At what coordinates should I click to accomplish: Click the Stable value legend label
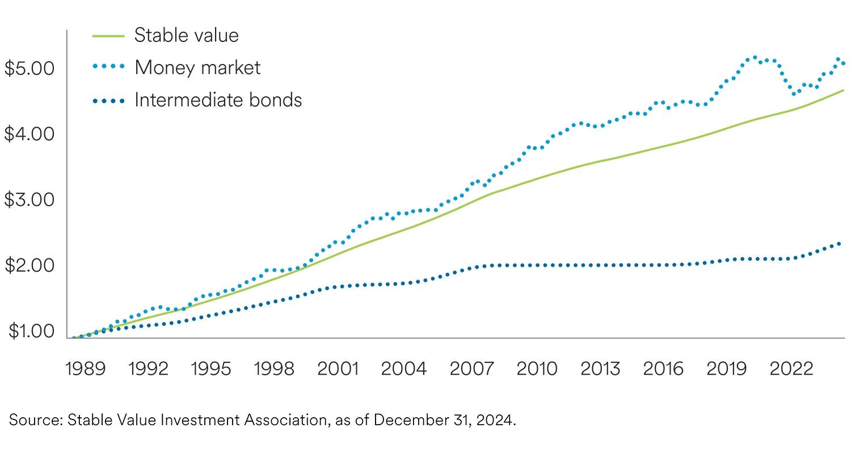click(x=186, y=35)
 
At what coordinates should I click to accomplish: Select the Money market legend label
click(x=197, y=67)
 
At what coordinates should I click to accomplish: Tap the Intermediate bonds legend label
click(x=218, y=100)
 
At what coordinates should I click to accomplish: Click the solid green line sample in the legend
click(x=108, y=36)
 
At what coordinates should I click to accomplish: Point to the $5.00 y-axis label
click(x=29, y=68)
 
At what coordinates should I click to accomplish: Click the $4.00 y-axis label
click(x=29, y=134)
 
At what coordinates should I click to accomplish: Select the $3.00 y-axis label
click(x=29, y=200)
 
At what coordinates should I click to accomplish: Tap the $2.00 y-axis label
click(x=29, y=265)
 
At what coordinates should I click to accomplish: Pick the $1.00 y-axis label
click(x=29, y=331)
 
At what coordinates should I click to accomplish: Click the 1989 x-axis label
click(x=85, y=368)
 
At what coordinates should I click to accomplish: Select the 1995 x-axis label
click(x=211, y=368)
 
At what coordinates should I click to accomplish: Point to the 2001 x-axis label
click(x=338, y=368)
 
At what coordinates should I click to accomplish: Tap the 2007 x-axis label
click(x=471, y=368)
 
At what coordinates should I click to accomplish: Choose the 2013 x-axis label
click(x=600, y=368)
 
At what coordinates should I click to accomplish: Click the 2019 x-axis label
click(x=727, y=368)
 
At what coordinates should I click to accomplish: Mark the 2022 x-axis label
click(x=791, y=368)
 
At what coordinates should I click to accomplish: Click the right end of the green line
click(x=843, y=90)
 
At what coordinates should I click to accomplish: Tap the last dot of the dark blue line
click(x=839, y=244)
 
